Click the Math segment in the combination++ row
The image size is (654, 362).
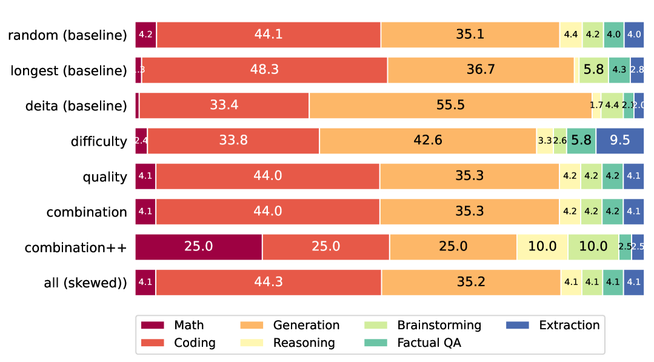(198, 247)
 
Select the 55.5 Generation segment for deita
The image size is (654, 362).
(450, 105)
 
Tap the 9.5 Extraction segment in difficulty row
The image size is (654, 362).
(619, 141)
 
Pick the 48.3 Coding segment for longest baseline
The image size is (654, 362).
(264, 70)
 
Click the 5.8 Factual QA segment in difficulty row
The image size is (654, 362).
(581, 141)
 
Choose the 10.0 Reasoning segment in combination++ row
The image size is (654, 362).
(542, 247)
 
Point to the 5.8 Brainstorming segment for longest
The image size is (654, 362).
(593, 70)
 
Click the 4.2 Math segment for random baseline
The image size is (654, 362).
(145, 35)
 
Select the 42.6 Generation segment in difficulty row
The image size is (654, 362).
(427, 141)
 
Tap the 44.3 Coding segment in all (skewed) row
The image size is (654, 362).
(269, 282)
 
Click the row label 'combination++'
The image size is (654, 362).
(76, 247)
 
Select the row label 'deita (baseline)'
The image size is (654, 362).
(76, 106)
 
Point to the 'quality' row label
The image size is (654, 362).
(105, 177)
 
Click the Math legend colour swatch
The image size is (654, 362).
(154, 326)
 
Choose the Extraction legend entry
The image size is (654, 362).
(569, 326)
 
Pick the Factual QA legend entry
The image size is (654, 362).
(429, 343)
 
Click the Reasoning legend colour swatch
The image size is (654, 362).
(253, 343)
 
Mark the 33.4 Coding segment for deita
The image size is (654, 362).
(224, 105)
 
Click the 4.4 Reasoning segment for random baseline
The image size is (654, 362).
(570, 35)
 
